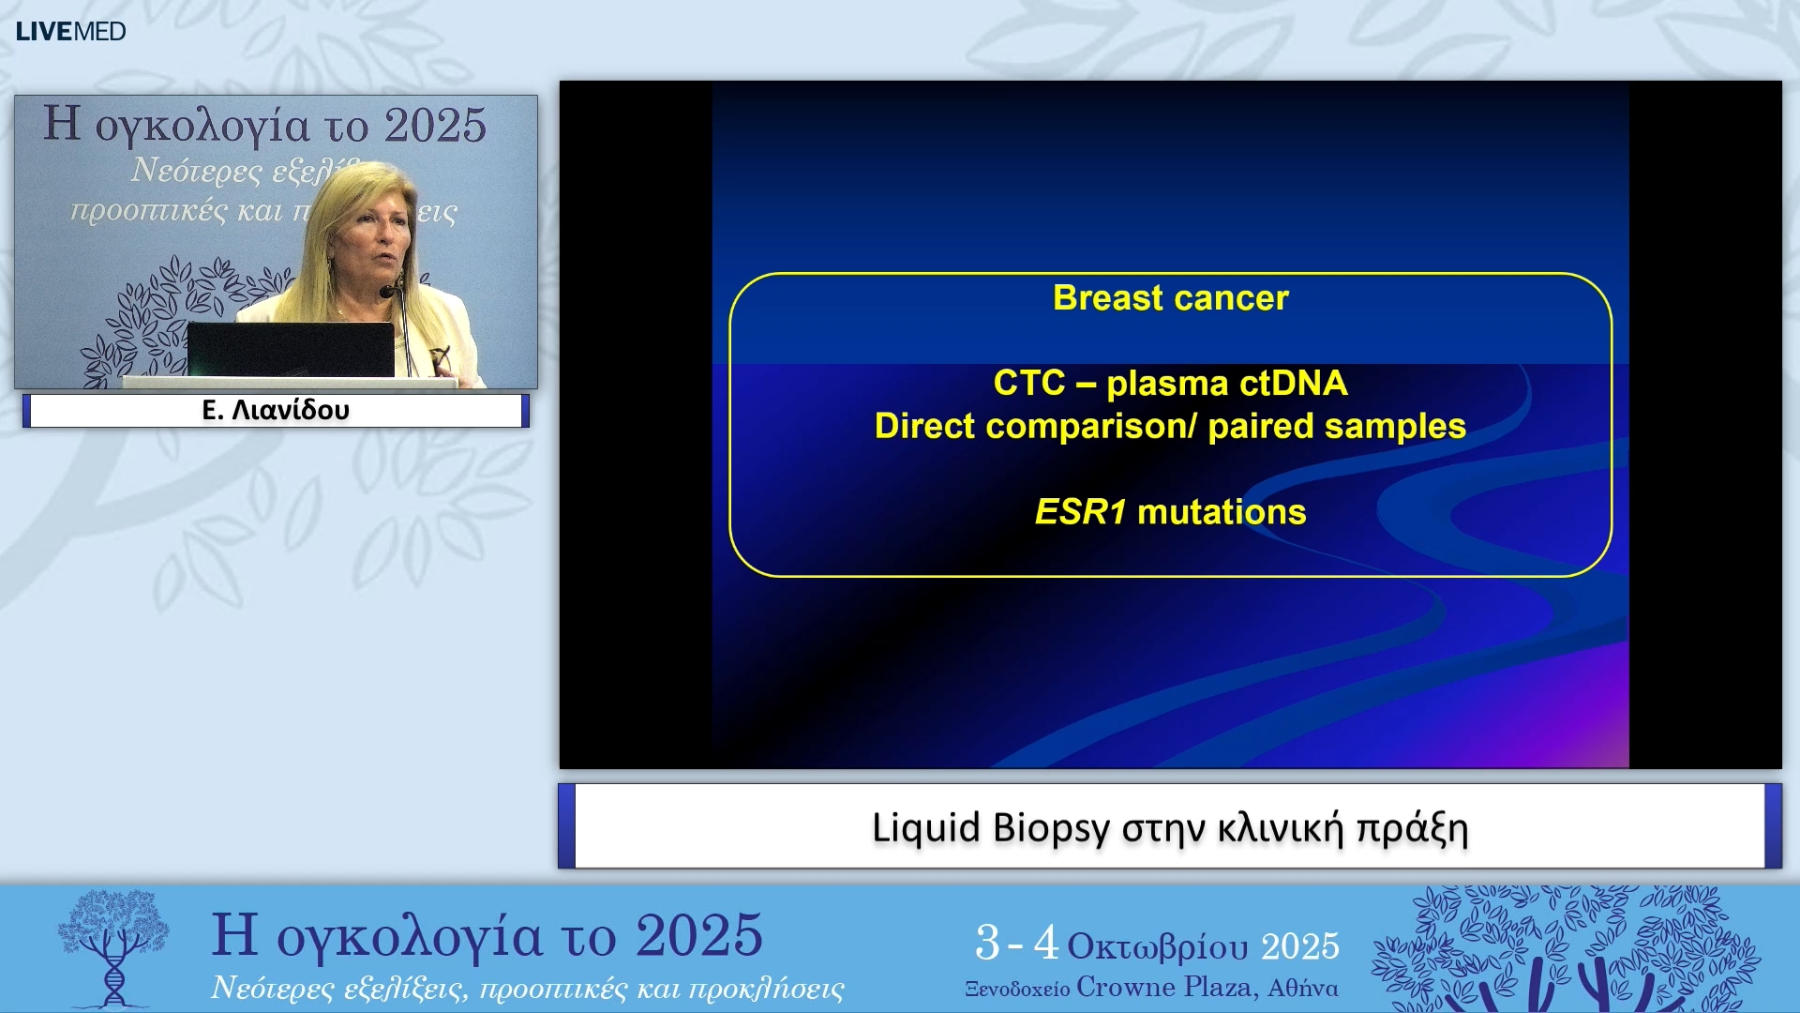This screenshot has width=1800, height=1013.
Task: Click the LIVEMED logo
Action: click(x=70, y=31)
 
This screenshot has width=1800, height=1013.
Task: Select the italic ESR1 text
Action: click(x=1080, y=512)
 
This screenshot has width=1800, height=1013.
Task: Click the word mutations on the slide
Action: click(x=1221, y=512)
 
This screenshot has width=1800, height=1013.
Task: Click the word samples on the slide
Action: click(x=1407, y=427)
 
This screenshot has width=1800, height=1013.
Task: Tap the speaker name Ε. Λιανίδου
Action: click(x=276, y=410)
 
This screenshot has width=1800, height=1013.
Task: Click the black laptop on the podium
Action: click(x=291, y=350)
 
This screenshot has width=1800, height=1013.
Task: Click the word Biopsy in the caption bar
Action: click(x=1050, y=828)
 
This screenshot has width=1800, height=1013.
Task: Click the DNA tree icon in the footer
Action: click(x=113, y=947)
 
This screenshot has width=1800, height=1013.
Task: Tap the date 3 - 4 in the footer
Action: click(x=1016, y=943)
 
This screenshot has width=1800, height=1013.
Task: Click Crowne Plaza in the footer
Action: click(x=1166, y=988)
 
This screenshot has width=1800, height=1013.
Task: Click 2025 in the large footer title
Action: click(x=698, y=936)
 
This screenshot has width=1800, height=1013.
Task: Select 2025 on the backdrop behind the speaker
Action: click(x=435, y=126)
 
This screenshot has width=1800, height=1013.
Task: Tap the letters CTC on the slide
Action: click(x=1028, y=384)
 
